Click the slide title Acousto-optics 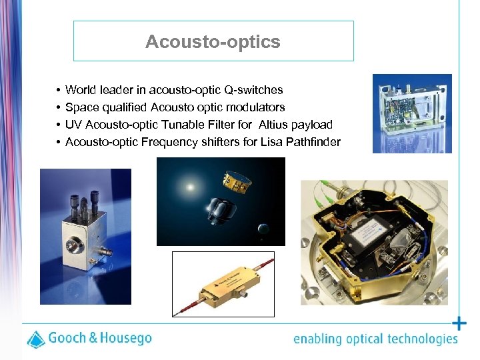pos(213,42)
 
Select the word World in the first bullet pos(80,90)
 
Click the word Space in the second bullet pos(81,107)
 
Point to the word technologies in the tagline pos(421,339)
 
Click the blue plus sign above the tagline pos(459,324)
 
